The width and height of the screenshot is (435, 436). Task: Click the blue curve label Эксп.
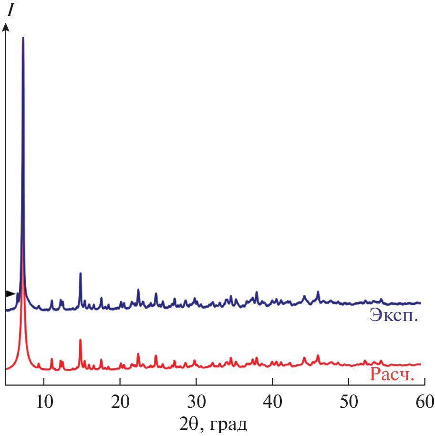[x=394, y=316]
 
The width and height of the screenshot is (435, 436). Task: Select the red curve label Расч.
[x=391, y=375]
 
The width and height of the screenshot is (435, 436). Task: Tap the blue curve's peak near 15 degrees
[x=81, y=273]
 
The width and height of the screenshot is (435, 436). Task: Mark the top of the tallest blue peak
[x=23, y=38]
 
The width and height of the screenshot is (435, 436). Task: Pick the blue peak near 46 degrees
[x=318, y=291]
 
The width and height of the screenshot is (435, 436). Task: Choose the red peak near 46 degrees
[x=318, y=355]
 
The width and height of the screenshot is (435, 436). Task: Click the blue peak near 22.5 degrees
[x=138, y=290]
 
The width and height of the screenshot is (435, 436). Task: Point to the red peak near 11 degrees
[x=52, y=359]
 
